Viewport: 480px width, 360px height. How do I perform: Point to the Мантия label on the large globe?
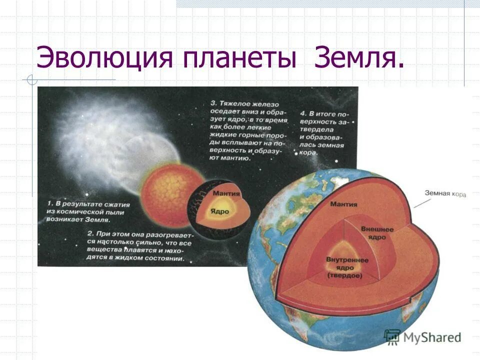pos(343,203)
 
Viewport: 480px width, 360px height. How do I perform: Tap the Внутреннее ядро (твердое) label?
pos(346,268)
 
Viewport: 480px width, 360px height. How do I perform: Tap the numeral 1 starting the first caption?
pos(50,204)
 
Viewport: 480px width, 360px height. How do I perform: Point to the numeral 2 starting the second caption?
pos(89,233)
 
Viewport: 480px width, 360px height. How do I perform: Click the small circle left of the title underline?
pos(31,79)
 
